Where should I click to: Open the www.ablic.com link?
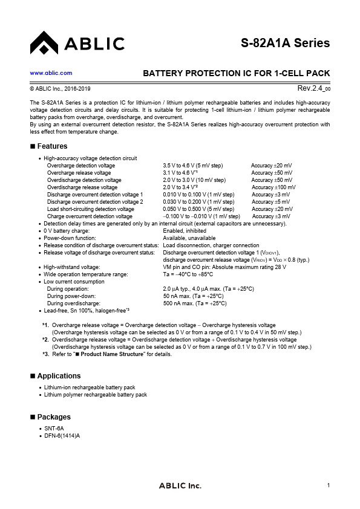(x=51, y=73)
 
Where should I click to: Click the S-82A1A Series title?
(x=285, y=43)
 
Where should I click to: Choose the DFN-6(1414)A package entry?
(x=62, y=435)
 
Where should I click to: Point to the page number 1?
(x=328, y=486)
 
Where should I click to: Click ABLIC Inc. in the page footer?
(x=180, y=486)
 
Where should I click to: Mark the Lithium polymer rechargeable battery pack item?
(x=96, y=394)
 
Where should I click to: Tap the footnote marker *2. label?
(x=46, y=340)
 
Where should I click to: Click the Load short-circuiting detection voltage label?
(x=91, y=209)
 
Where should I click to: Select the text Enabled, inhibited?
(x=185, y=231)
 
